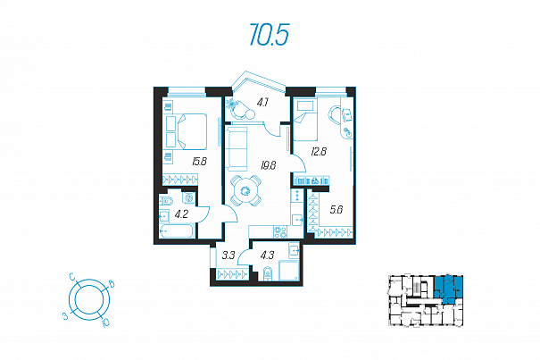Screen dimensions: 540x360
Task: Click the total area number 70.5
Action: click(269, 35)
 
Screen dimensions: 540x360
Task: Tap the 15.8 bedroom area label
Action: click(200, 162)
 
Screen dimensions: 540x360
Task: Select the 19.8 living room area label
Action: click(269, 165)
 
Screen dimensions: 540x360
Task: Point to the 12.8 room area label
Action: click(319, 151)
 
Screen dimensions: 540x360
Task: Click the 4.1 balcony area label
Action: click(262, 103)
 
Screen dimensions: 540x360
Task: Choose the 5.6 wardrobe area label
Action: click(336, 210)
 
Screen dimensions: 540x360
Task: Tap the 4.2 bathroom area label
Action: click(181, 214)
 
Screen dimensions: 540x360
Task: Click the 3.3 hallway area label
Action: click(228, 255)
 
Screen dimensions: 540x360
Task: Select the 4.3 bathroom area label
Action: click(267, 255)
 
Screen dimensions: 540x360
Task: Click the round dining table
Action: click(245, 190)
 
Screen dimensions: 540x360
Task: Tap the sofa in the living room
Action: click(237, 148)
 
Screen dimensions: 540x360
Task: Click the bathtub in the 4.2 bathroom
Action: click(177, 230)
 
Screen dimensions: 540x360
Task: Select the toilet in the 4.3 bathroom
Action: click(267, 273)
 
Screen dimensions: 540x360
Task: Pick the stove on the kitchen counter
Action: click(280, 231)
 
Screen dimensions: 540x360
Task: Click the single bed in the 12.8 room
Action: click(304, 121)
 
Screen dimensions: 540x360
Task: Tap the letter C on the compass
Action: click(72, 277)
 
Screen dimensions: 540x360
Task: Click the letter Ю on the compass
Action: click(106, 322)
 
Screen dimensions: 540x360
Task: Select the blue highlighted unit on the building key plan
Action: click(448, 289)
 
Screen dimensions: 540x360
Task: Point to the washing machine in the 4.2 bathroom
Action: click(188, 198)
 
